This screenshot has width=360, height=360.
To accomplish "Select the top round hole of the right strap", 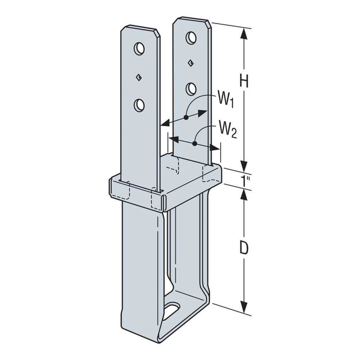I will pos(191,37).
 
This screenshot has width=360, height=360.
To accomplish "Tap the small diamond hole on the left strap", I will pos(138,78).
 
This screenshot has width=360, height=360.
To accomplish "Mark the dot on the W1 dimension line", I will pos(186,117).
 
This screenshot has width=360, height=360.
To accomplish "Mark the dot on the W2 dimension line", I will pos(195,144).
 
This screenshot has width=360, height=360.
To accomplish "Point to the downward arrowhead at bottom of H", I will pos(244,165).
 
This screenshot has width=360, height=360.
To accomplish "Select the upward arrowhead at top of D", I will pos(244,195).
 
